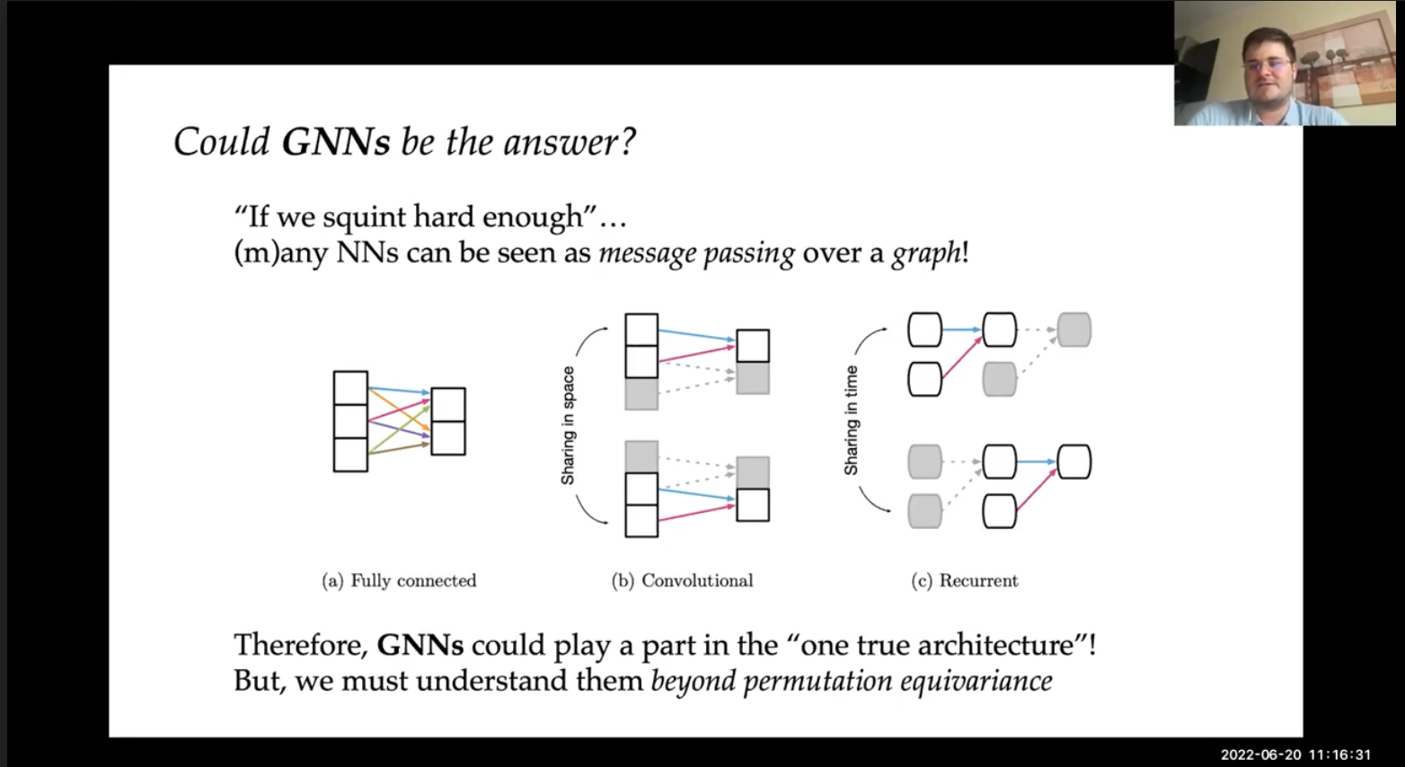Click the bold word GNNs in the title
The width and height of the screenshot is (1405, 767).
click(336, 142)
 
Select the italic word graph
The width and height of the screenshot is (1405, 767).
click(926, 253)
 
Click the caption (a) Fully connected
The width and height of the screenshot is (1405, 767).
click(399, 581)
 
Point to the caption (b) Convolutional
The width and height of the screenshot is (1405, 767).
click(682, 581)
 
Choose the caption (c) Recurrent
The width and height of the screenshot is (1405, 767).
click(964, 581)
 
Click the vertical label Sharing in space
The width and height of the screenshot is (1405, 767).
click(568, 426)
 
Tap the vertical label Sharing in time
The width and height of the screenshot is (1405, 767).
click(851, 420)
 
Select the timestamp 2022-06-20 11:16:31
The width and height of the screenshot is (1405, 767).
click(1295, 754)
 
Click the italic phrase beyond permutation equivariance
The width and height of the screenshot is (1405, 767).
click(851, 681)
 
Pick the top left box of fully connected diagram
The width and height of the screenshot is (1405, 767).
click(350, 388)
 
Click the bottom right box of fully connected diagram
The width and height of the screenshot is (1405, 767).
click(448, 438)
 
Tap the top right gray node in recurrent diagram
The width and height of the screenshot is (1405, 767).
click(1074, 330)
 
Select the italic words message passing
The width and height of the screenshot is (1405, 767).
click(696, 253)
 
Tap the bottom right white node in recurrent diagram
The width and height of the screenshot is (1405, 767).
click(1074, 462)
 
